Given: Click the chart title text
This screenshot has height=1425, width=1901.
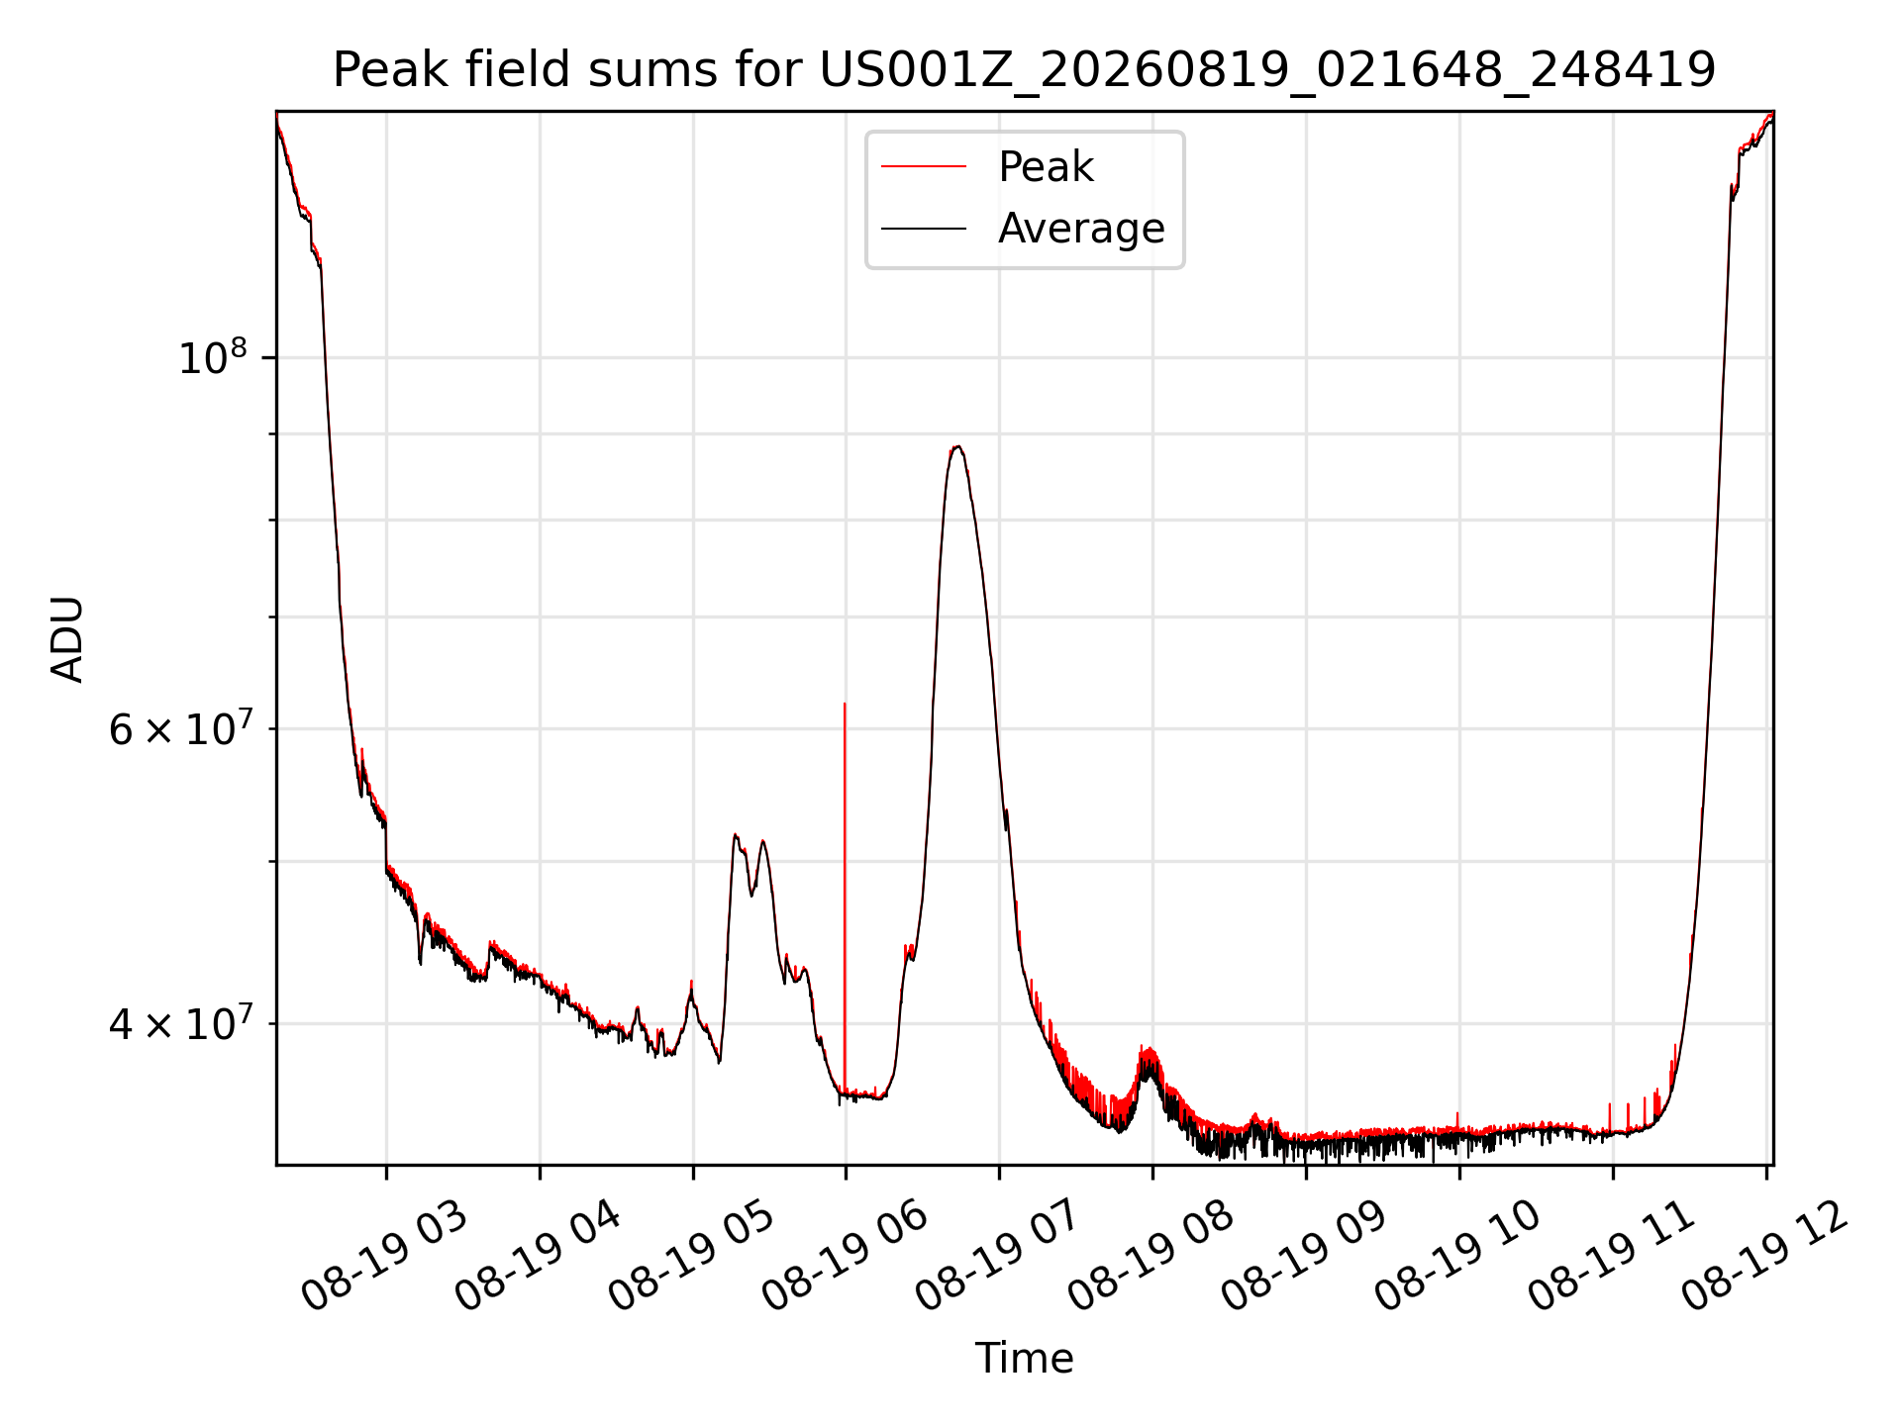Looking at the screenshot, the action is click(1024, 70).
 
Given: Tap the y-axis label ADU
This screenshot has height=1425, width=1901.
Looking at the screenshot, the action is click(67, 638).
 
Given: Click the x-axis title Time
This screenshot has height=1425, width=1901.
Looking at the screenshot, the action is click(1024, 1358).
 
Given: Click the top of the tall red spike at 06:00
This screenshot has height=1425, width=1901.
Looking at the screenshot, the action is click(845, 704).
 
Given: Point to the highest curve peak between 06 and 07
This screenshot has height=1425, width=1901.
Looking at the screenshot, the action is click(956, 446).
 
